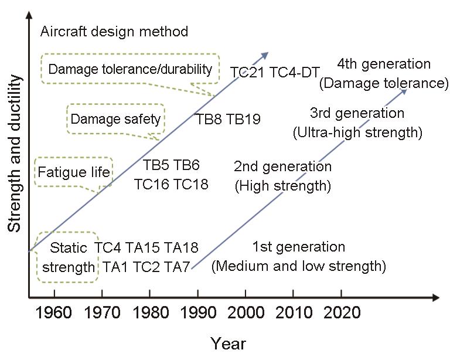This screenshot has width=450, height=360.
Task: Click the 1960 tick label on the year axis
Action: [54, 313]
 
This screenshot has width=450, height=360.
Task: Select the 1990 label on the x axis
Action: [198, 313]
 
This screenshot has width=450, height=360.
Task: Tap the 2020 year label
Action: [342, 313]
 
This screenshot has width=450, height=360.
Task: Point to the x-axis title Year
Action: [228, 344]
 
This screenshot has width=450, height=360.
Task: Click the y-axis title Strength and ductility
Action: [14, 153]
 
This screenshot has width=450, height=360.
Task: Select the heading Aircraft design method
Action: [114, 31]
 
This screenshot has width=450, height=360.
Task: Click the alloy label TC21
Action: [247, 72]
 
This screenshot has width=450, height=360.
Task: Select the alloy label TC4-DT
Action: [295, 72]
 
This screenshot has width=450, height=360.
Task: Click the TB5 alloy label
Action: [155, 165]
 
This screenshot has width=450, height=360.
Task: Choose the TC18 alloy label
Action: [191, 184]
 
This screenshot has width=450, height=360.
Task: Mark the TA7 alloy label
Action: [177, 267]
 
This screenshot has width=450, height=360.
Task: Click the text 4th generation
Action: [384, 64]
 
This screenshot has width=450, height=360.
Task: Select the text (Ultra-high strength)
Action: [357, 133]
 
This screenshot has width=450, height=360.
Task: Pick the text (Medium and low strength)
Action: [298, 266]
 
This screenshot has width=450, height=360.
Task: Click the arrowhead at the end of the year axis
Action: [436, 298]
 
